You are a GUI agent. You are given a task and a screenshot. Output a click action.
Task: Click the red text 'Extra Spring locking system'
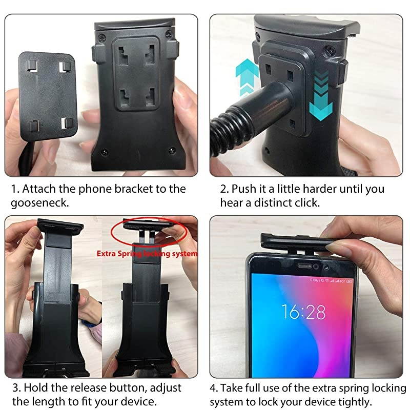click(148, 253)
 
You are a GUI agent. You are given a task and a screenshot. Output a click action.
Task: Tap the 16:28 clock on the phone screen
click(302, 311)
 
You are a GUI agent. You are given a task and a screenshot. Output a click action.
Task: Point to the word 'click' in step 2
click(305, 202)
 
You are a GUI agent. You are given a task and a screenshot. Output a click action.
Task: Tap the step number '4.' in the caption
click(214, 386)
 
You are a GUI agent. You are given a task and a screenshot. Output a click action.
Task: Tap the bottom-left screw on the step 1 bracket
click(104, 152)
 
